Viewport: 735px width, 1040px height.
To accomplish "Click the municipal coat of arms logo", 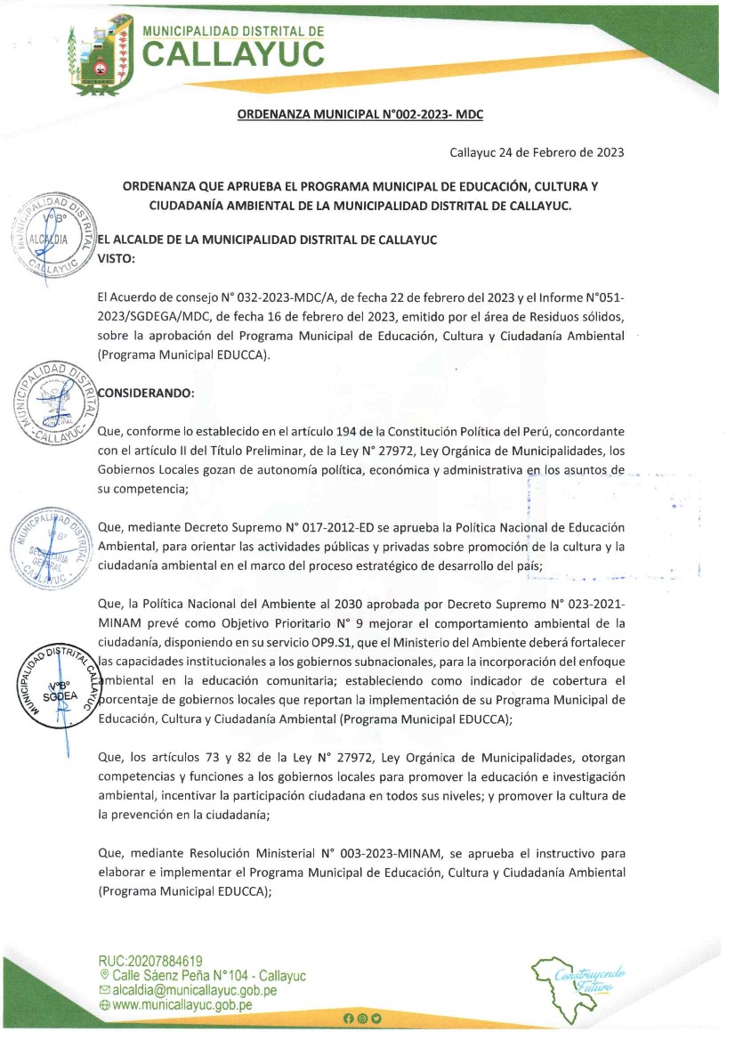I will pyautogui.click(x=100, y=55).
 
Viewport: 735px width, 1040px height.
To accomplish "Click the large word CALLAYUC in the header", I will pyautogui.click(x=234, y=54).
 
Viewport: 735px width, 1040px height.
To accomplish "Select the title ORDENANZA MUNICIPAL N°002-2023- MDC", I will pyautogui.click(x=359, y=115).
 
